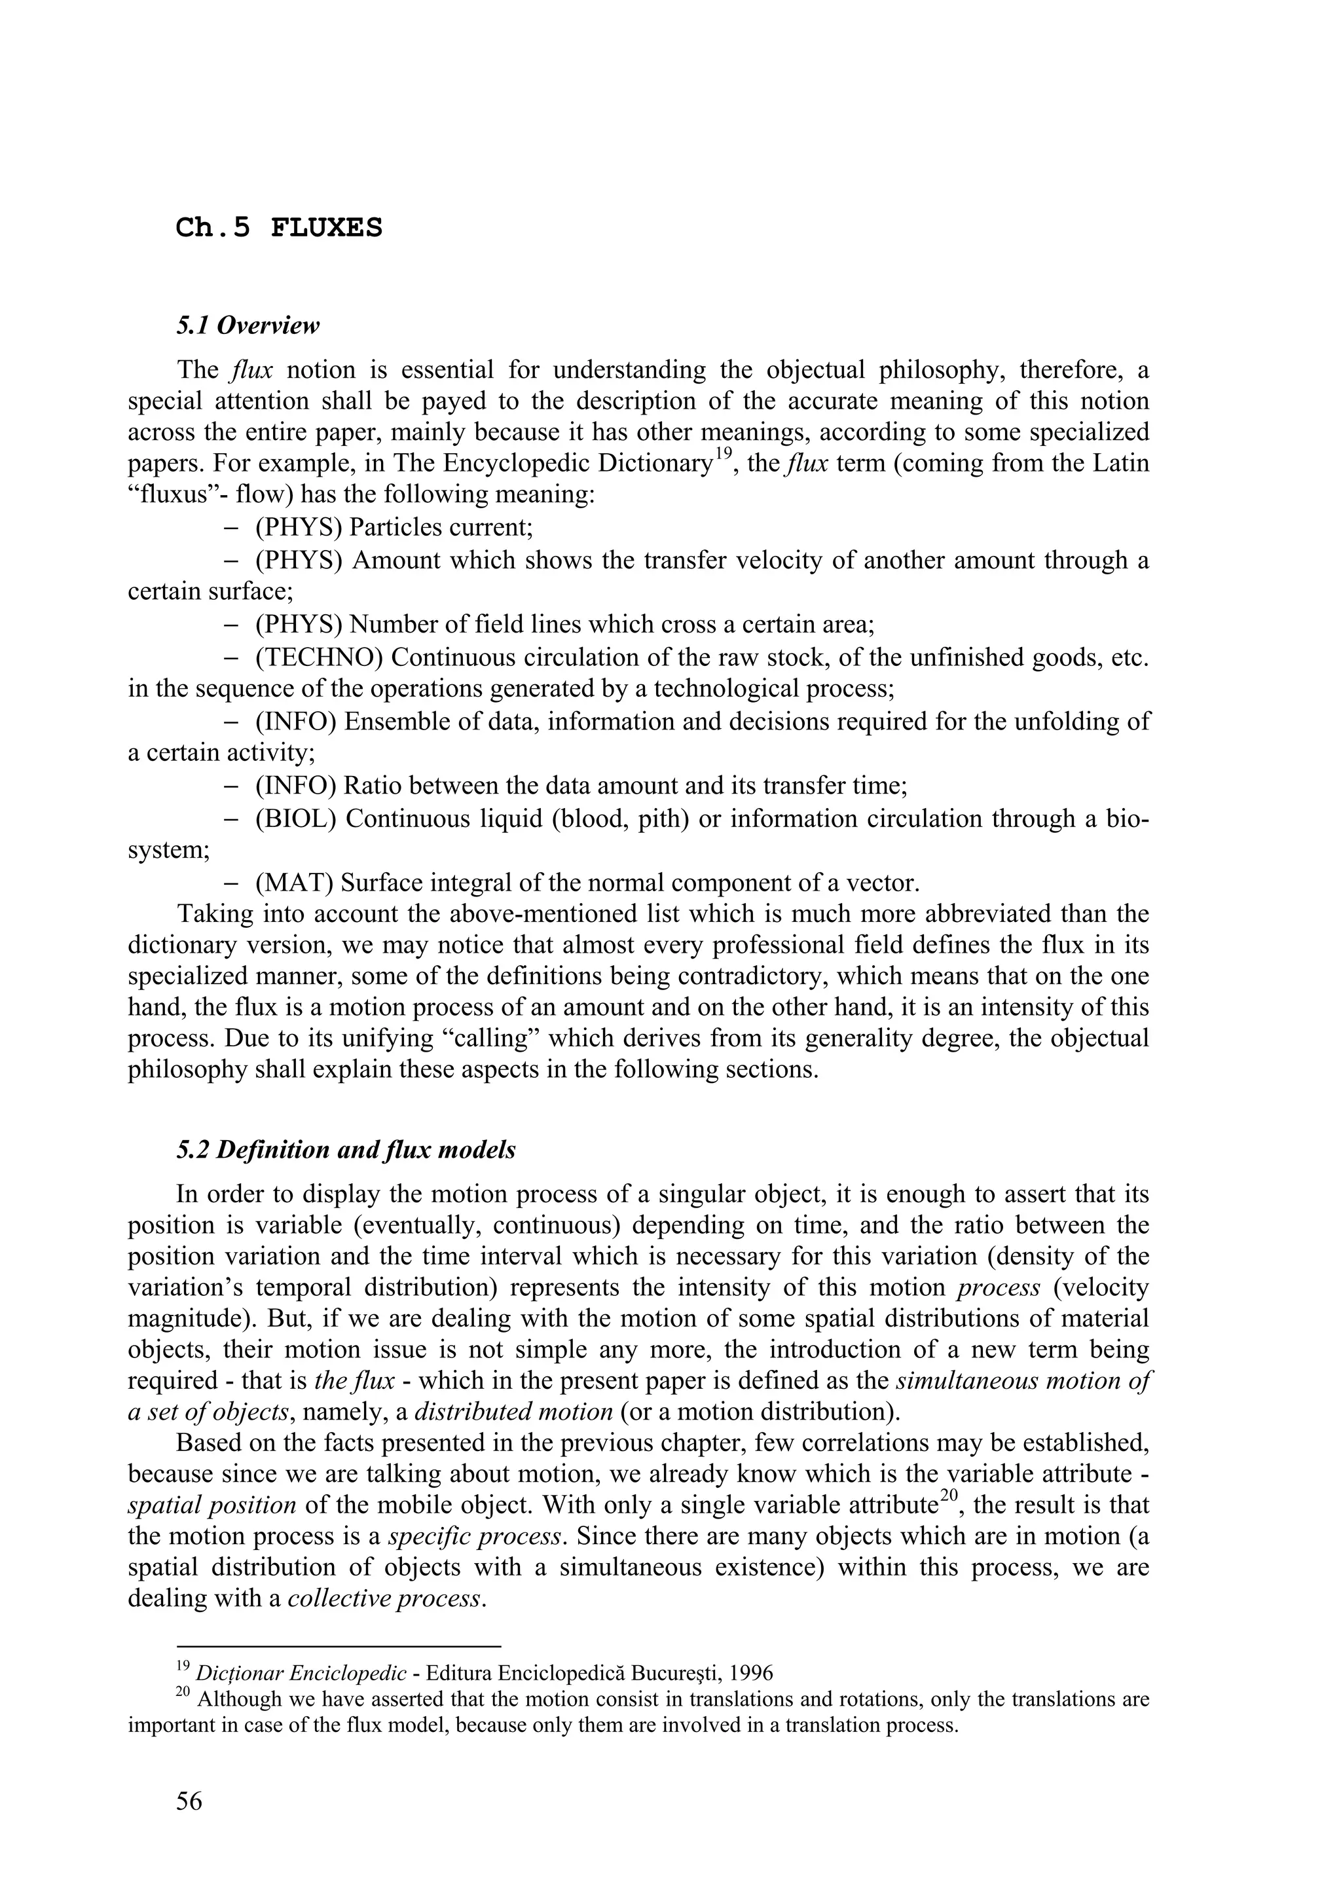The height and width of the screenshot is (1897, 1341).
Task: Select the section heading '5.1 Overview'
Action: click(247, 325)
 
